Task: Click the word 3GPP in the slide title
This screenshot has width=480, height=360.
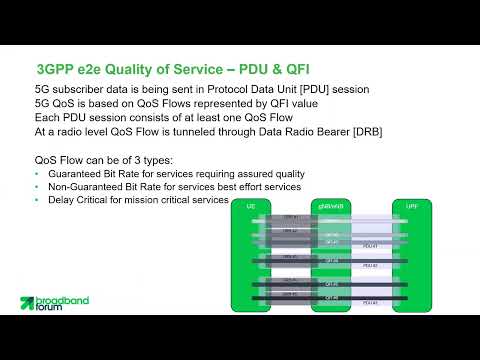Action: pos(53,70)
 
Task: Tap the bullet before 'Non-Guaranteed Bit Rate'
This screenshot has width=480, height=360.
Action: pos(37,187)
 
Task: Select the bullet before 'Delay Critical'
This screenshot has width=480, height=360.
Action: pos(37,200)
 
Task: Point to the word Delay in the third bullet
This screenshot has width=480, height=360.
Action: pos(62,200)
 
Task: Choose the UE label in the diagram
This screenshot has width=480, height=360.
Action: pos(251,205)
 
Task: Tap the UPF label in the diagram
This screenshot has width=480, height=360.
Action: pos(411,205)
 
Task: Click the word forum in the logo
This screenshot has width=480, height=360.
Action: pos(53,310)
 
